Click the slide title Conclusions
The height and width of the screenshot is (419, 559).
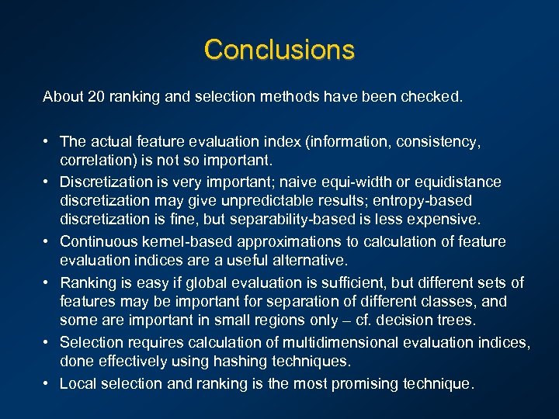(279, 50)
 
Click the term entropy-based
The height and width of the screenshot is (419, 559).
(430, 202)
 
